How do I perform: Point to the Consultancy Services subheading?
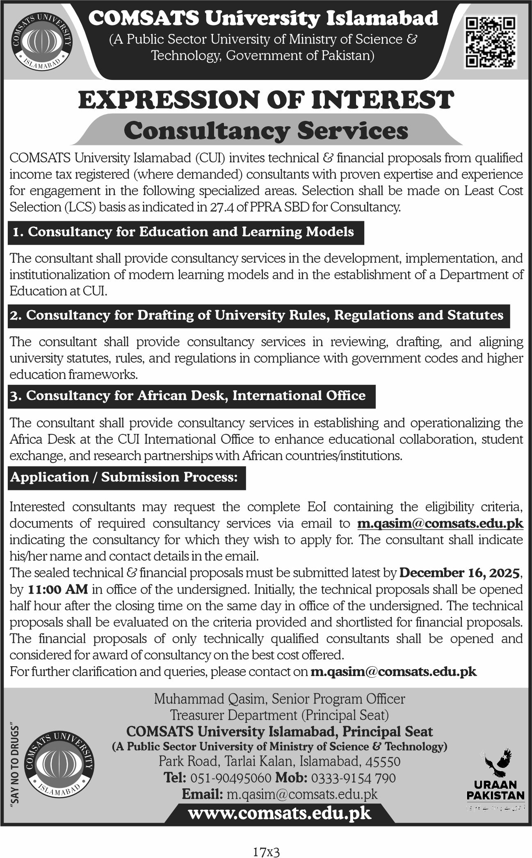pos(266,131)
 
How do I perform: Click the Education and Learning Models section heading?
pos(183,232)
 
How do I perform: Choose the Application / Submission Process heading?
pos(124,477)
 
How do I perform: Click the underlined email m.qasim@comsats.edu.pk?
pos(440,523)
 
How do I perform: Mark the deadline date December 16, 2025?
pos(459,572)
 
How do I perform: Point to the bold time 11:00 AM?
pos(58,589)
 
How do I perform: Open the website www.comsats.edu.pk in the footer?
pos(279,813)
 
